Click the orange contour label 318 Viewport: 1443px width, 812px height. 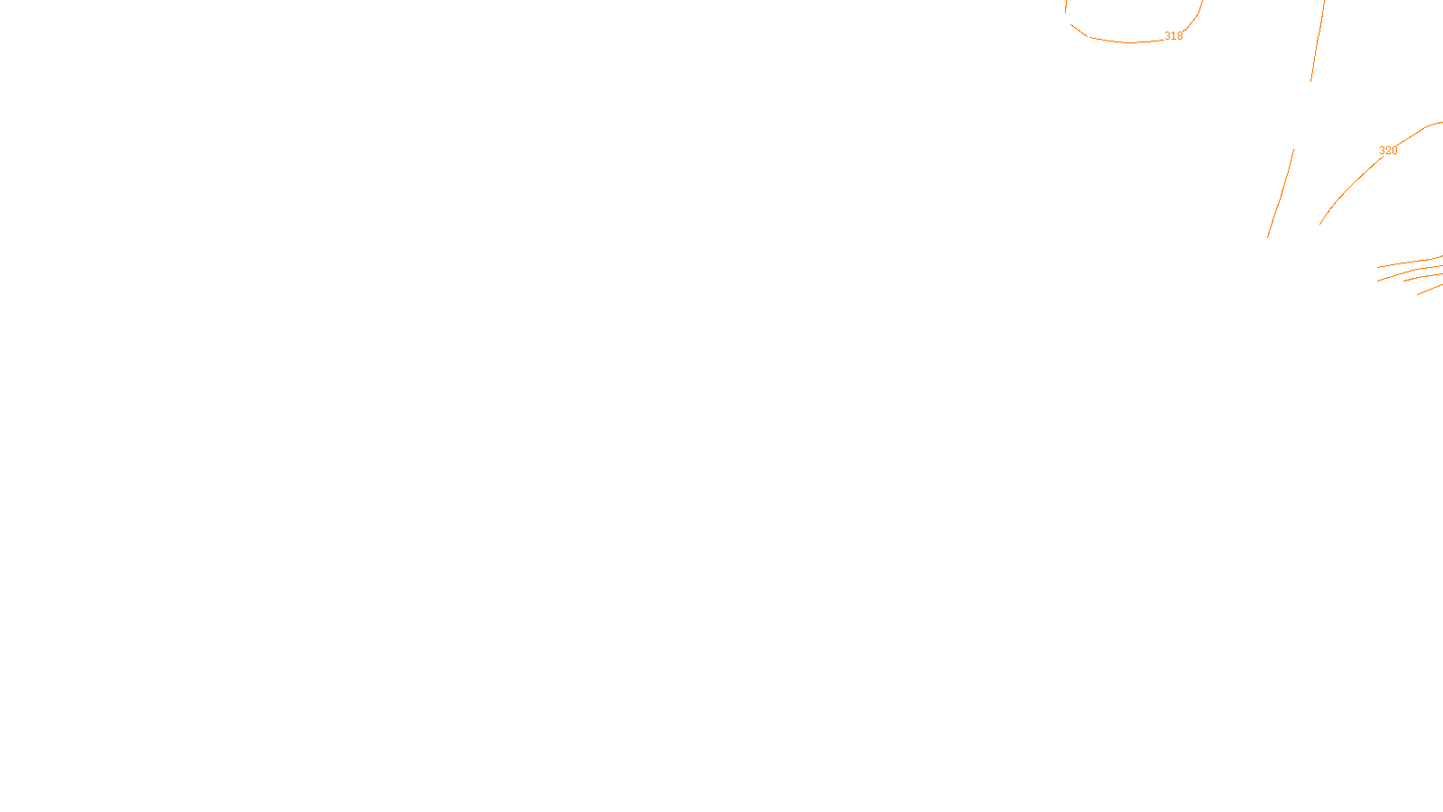[x=1173, y=36]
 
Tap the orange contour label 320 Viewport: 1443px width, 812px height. [x=1388, y=151]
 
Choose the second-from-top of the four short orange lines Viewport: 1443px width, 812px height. [x=1407, y=271]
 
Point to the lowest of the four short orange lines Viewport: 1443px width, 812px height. [x=1429, y=289]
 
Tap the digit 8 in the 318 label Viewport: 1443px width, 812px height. [x=1180, y=36]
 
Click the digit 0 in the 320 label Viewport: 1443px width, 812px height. [x=1394, y=151]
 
